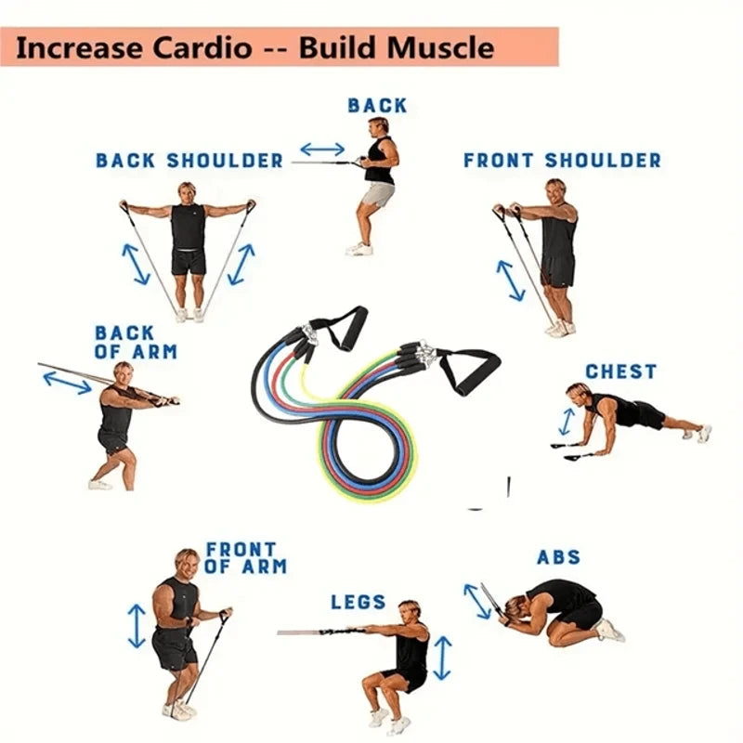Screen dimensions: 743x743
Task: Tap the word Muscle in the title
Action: pos(438,47)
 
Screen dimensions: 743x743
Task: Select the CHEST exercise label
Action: pos(620,371)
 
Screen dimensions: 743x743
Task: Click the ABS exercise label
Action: pos(558,557)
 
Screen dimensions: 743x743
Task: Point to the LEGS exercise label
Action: pos(358,603)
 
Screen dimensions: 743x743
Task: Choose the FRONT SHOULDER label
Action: pos(563,161)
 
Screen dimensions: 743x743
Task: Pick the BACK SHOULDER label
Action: pos(189,161)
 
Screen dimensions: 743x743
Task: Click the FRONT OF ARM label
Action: pos(246,557)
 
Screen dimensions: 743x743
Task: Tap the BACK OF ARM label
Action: pos(135,342)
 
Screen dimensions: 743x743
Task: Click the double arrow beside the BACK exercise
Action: pos(321,149)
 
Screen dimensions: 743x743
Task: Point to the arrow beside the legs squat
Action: pos(443,658)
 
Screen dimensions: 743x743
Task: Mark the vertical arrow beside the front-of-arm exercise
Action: pos(137,626)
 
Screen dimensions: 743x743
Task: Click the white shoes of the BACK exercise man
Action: pos(359,248)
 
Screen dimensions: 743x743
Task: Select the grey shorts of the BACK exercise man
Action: pos(377,194)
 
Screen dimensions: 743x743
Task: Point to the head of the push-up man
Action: pos(578,395)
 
